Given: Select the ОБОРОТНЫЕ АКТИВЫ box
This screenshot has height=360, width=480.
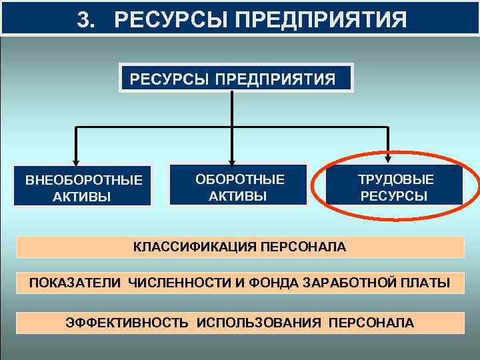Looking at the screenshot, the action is tap(238, 187).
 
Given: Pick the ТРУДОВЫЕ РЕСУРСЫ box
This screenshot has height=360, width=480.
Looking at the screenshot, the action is tap(395, 187).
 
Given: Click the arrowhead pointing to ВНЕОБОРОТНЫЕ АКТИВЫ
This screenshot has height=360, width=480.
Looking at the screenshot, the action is tap(77, 159).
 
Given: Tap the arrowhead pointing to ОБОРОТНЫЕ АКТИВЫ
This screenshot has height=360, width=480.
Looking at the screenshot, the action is tap(232, 158).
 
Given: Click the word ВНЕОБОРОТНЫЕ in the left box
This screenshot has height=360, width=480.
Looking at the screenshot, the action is tap(83, 180).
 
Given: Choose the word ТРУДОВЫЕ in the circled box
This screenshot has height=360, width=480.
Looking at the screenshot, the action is tap(395, 179).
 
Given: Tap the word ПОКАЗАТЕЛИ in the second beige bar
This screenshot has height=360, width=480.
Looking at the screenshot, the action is tap(75, 284).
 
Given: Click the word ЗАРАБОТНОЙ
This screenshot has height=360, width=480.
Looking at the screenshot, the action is tap(351, 284).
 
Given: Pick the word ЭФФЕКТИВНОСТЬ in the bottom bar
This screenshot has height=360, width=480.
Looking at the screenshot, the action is tap(127, 323).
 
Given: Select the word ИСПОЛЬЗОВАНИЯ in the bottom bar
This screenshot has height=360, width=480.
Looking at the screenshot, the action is tap(258, 323).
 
